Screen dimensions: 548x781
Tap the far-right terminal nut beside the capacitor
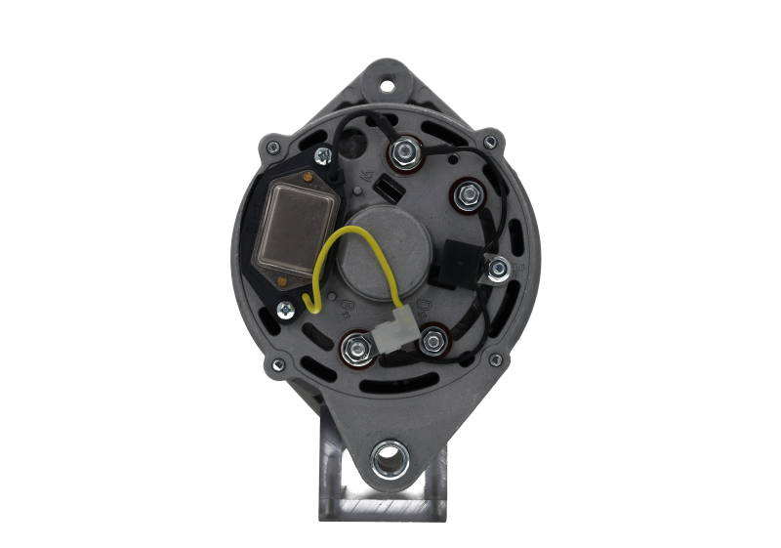point(499,267)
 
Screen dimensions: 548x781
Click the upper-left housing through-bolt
point(270,148)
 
